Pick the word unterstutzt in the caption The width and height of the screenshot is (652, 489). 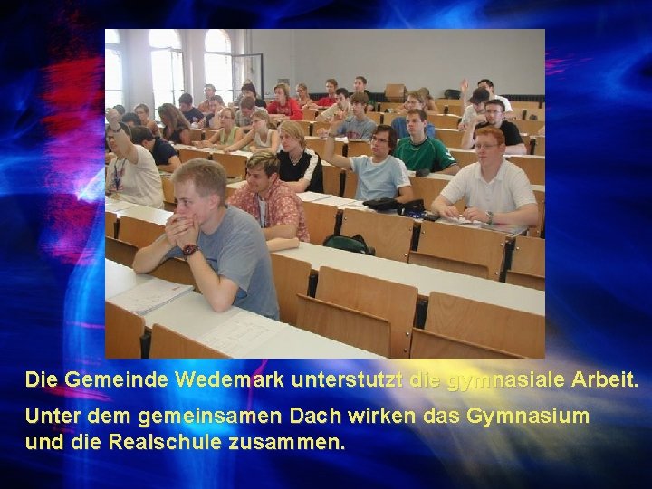point(347,380)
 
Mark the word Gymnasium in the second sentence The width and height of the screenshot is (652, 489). point(527,417)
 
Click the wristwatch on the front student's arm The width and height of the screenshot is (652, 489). point(189,249)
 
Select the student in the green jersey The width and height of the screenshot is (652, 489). point(421,145)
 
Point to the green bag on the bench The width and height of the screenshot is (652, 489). point(349,243)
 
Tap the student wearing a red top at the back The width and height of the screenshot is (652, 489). point(284,103)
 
